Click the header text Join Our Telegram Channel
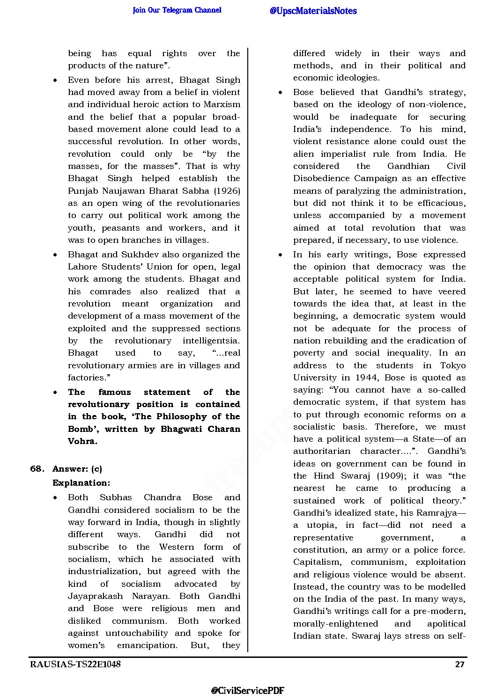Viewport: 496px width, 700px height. click(177, 10)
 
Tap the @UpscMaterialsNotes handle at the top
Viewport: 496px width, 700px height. click(313, 11)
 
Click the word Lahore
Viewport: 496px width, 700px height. click(82, 267)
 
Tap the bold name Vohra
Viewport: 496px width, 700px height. click(82, 441)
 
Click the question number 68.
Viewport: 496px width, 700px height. click(37, 469)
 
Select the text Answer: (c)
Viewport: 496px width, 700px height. click(77, 469)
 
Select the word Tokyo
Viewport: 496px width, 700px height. click(453, 365)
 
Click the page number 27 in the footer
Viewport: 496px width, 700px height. click(459, 664)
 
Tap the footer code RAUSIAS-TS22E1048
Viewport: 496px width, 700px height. click(75, 664)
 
